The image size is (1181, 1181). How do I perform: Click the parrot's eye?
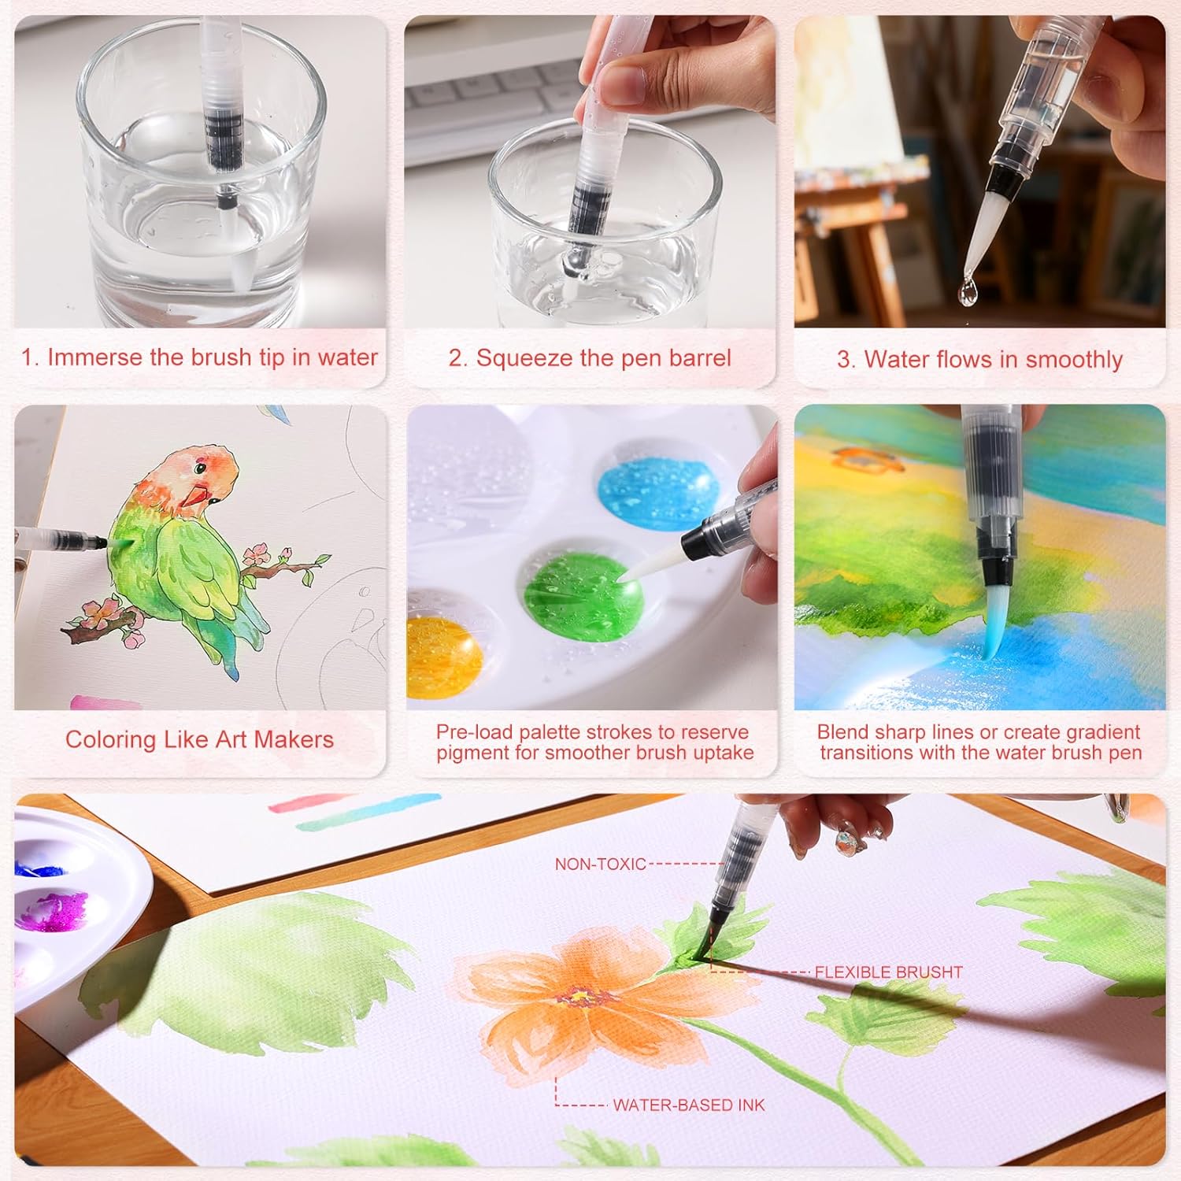pos(199,470)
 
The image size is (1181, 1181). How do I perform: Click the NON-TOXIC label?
pos(600,864)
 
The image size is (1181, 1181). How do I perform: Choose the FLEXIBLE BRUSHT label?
pos(889,972)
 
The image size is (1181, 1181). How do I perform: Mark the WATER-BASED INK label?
pos(689,1105)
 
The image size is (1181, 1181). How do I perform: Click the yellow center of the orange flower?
pos(579,996)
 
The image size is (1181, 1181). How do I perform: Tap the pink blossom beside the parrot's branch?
pos(257,552)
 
